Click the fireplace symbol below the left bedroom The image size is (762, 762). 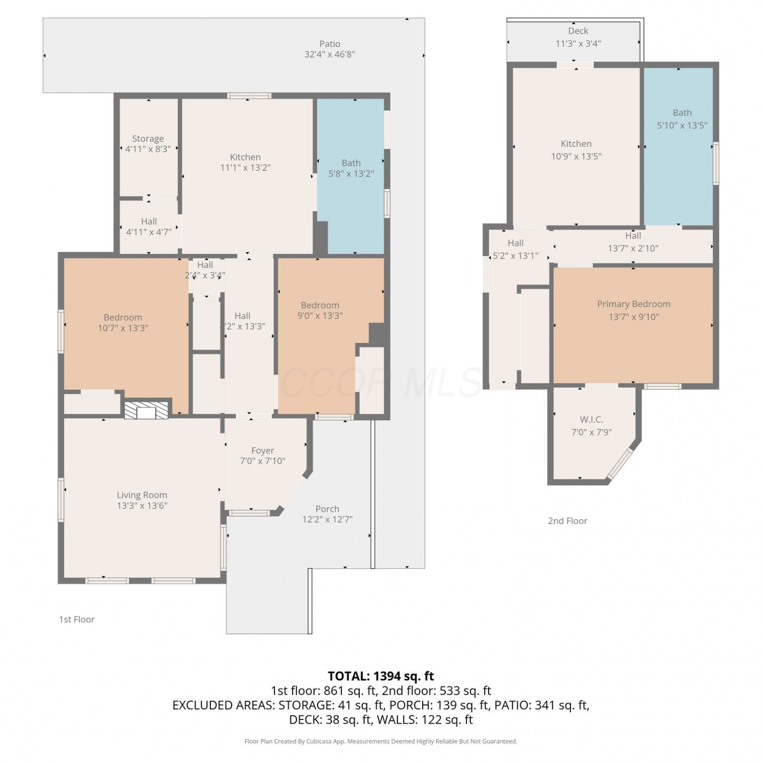click(146, 410)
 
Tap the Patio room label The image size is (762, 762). click(330, 44)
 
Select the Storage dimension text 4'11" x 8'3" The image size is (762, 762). click(148, 149)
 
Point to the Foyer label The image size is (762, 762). click(263, 451)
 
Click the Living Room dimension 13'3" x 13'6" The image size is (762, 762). click(142, 505)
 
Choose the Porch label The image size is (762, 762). click(327, 509)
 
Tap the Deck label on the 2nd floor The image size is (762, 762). click(578, 31)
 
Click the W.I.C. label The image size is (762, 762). click(591, 420)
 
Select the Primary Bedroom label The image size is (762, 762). click(633, 304)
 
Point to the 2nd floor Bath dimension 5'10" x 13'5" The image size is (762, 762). click(682, 125)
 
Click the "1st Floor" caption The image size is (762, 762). click(77, 619)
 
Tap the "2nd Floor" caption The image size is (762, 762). click(567, 521)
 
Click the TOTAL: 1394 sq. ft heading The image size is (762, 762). click(381, 676)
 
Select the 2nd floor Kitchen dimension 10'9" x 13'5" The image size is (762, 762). click(576, 156)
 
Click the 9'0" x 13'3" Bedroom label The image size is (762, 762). click(320, 310)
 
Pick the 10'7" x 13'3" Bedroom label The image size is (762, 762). click(123, 323)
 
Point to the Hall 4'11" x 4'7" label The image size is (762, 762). click(149, 227)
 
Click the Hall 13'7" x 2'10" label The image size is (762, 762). click(633, 242)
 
